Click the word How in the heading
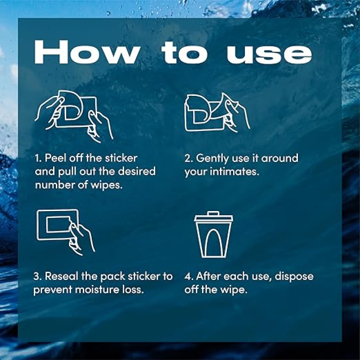pyautogui.click(x=87, y=52)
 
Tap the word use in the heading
pyautogui.click(x=269, y=54)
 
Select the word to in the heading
pyautogui.click(x=185, y=53)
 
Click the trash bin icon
pyautogui.click(x=213, y=234)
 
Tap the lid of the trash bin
pyautogui.click(x=213, y=216)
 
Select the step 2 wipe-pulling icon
pyautogui.click(x=217, y=112)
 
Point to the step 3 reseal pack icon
pyautogui.click(x=66, y=232)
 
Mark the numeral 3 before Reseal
pyautogui.click(x=37, y=276)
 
